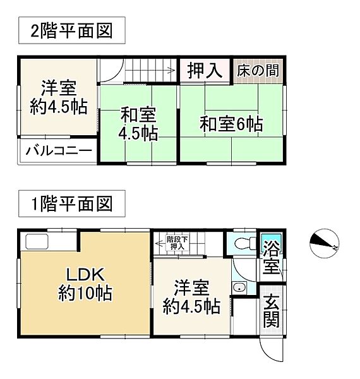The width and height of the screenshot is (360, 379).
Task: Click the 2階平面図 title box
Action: point(71,30)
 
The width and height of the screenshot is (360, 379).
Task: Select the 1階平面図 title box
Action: point(71,203)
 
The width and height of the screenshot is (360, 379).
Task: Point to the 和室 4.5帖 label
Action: point(139,124)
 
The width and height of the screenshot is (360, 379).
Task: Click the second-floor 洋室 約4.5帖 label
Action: point(59,96)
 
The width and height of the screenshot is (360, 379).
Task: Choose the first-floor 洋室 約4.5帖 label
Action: point(191,297)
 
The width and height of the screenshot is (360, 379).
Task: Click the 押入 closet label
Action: point(205,70)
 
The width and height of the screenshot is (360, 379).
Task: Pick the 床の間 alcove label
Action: point(258,70)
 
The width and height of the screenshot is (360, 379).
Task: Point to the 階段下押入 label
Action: point(176,243)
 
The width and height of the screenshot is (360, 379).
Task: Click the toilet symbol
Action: point(245,242)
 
